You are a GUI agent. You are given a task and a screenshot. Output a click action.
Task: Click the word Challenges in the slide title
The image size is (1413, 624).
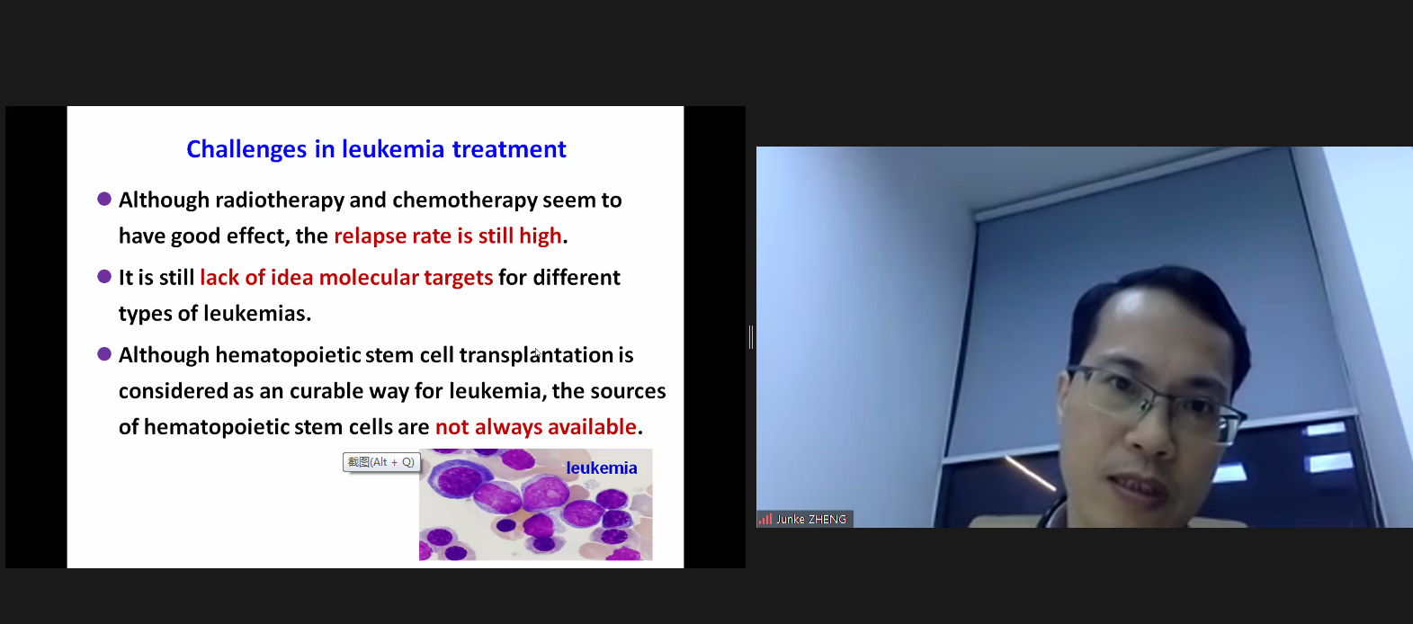coord(246,150)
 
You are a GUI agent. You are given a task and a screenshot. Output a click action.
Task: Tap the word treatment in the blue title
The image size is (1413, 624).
coord(509,148)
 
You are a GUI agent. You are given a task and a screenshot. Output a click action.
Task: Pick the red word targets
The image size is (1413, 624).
coord(458,279)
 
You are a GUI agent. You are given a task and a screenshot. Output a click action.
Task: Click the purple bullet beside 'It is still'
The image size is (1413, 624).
coord(104,277)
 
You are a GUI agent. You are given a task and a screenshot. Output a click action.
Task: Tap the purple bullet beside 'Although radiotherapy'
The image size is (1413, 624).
coord(104,200)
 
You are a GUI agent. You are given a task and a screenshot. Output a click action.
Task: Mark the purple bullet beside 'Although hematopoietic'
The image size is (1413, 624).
coord(104,354)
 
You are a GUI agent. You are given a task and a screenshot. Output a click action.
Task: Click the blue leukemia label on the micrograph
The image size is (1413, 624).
coord(601,468)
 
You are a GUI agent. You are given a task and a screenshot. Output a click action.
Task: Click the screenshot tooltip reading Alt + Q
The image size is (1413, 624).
coord(381,462)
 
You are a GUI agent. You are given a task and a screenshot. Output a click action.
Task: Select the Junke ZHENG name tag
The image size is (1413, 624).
coord(805,519)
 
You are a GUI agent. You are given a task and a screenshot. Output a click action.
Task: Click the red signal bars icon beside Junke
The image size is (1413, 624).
coord(765,519)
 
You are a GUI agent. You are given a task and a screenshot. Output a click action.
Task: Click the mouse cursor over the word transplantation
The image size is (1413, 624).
coord(537,353)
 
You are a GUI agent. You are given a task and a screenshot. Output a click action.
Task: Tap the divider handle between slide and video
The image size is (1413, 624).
coord(751,337)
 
